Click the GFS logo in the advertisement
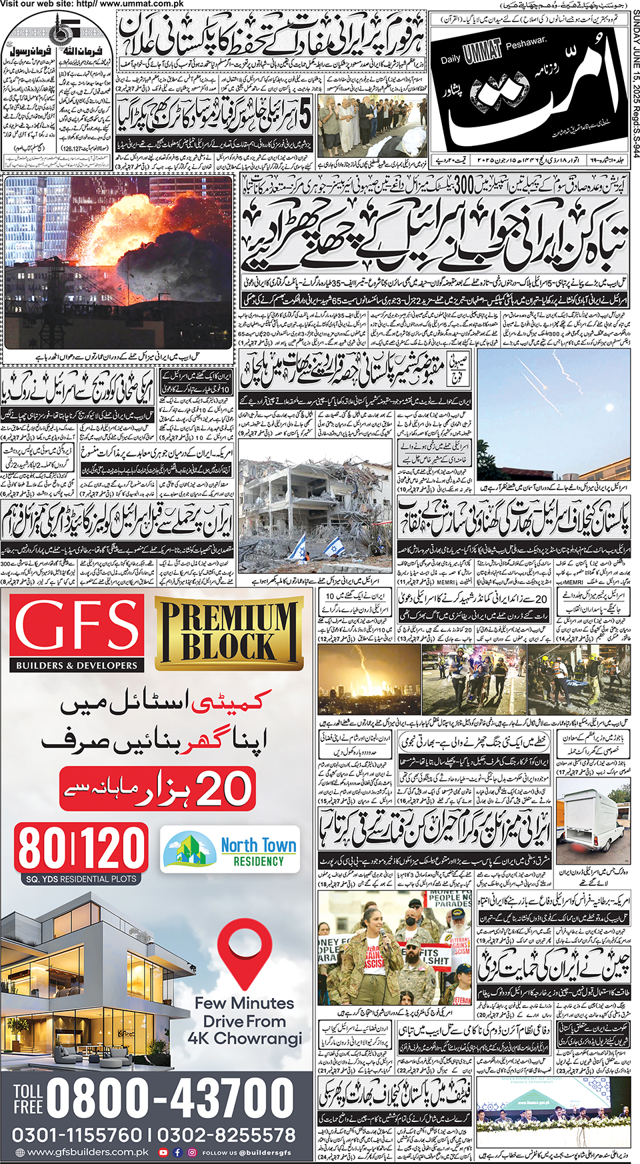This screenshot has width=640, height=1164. (x=77, y=627)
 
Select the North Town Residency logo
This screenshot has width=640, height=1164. (x=231, y=850)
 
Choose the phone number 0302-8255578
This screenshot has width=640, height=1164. (x=227, y=1135)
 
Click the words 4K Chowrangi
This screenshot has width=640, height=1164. (x=245, y=1039)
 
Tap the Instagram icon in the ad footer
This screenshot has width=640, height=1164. (x=192, y=1152)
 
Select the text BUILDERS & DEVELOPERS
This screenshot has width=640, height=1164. (x=77, y=665)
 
